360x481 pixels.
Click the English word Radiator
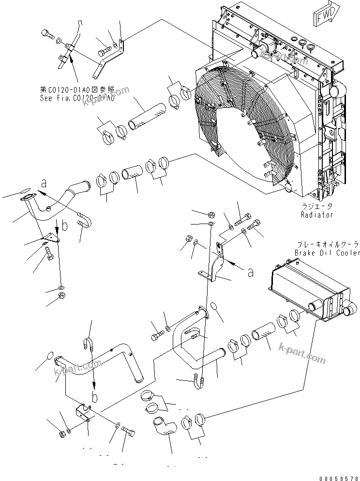click(x=316, y=215)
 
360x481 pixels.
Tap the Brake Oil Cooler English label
click(x=327, y=253)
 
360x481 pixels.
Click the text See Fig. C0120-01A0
click(x=77, y=98)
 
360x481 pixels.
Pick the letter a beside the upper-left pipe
click(x=44, y=183)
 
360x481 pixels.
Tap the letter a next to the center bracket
click(x=250, y=272)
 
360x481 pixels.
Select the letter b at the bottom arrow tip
click(x=95, y=397)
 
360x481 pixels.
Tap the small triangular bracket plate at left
click(x=52, y=237)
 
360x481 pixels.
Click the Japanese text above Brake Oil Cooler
click(x=327, y=244)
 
